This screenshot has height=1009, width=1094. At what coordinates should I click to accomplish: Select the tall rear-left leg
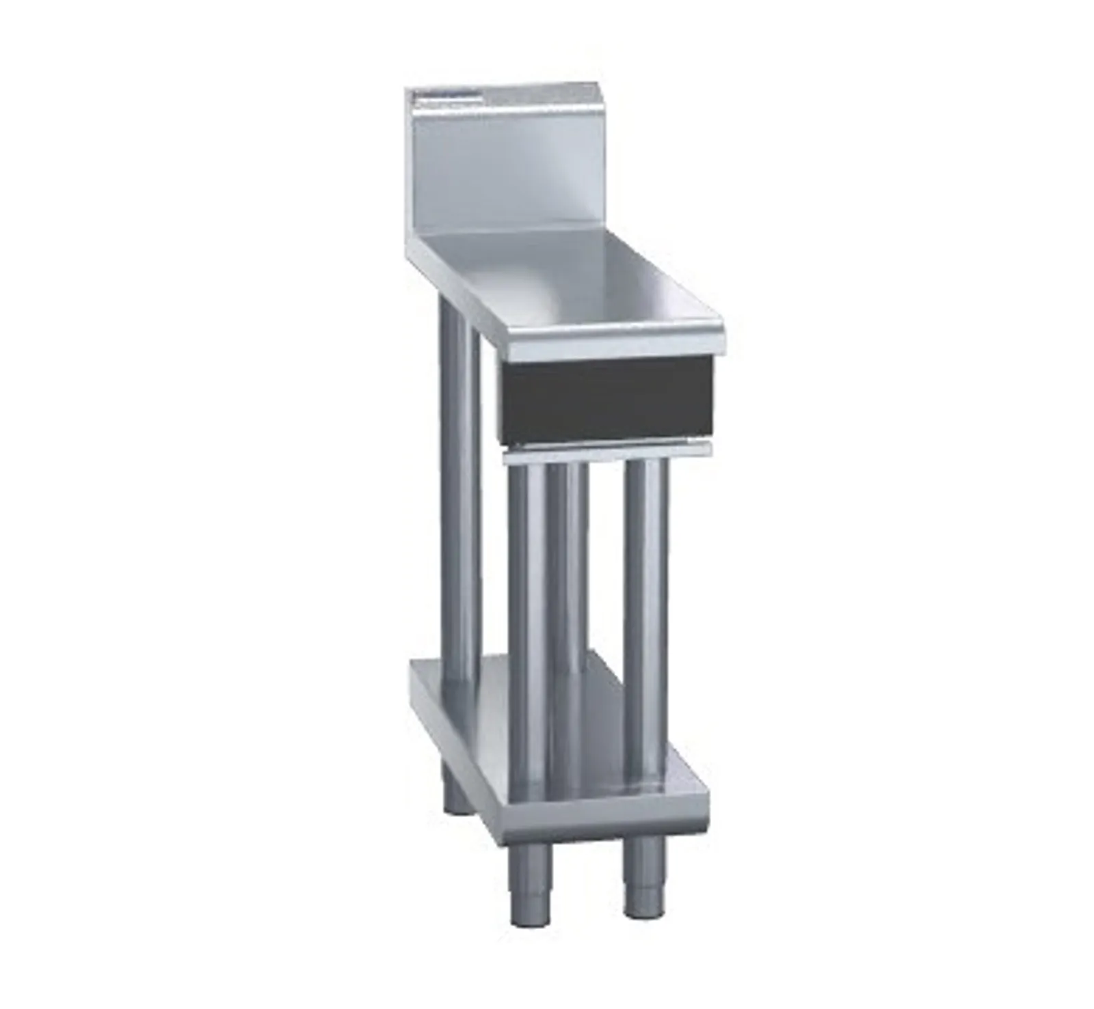pos(457,478)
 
